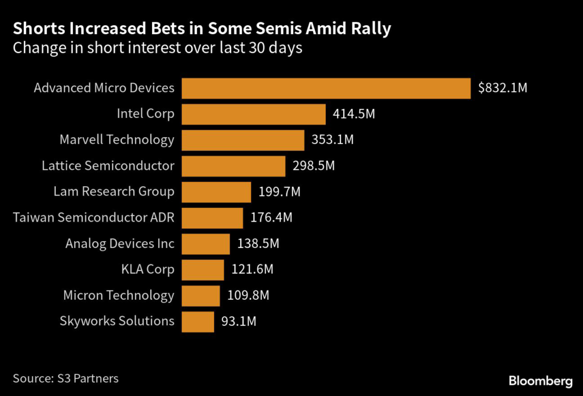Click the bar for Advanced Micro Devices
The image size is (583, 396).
[x=326, y=88]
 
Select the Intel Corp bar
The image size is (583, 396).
[x=253, y=114]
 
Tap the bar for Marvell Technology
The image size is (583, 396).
[x=243, y=140]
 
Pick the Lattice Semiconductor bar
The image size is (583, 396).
[x=233, y=166]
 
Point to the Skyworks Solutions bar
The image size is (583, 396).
[x=198, y=321]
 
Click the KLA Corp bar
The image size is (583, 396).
[x=203, y=270]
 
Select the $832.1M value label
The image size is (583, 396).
[x=503, y=88]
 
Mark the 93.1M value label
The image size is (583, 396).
[x=239, y=321]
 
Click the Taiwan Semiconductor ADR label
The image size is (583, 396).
[x=93, y=217]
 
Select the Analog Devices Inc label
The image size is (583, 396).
[x=120, y=243]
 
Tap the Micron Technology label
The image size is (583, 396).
[x=118, y=295]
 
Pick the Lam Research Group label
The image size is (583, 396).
[x=114, y=191]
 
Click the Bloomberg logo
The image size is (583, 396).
[x=540, y=380]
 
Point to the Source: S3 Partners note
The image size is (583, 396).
[x=65, y=378]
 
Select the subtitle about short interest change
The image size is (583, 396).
[x=157, y=48]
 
